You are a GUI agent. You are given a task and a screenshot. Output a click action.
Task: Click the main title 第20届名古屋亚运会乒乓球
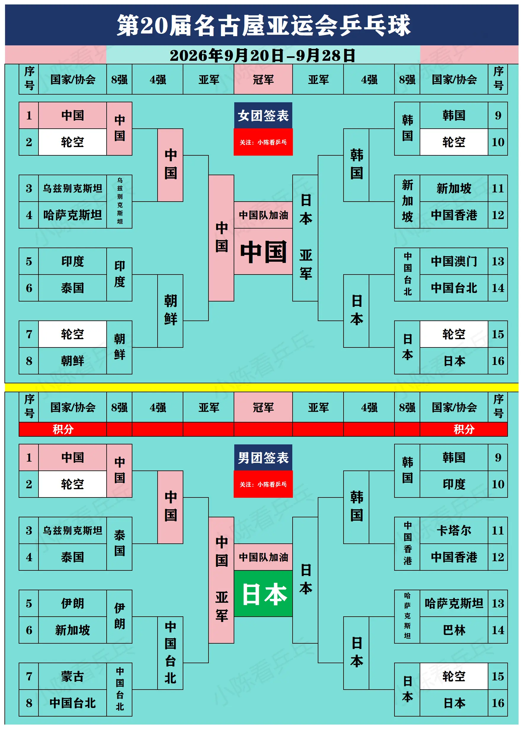pos(263,25)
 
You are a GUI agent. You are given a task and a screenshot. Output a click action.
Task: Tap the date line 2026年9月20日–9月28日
pos(263,55)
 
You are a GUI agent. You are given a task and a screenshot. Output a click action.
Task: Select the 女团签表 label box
pos(263,115)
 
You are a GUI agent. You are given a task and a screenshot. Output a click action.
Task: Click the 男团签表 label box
pos(263,457)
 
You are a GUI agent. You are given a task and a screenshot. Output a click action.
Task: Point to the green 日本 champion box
pos(263,593)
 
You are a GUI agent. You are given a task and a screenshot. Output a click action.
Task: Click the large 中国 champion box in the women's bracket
pos(263,251)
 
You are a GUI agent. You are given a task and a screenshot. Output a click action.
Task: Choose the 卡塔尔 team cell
pos(454,530)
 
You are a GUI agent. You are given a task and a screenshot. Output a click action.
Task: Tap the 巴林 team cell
pos(454,630)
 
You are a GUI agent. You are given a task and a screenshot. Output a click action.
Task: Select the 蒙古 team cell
pos(73,676)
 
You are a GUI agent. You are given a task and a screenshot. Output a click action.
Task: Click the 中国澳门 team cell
pos(454,261)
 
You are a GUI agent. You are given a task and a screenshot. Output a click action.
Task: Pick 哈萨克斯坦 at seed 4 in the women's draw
pos(73,215)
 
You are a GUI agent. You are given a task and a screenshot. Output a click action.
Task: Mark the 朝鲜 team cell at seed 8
pos(73,360)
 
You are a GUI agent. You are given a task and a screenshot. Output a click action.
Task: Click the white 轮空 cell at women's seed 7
pos(73,334)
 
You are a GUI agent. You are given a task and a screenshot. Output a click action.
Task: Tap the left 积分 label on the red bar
pos(63,429)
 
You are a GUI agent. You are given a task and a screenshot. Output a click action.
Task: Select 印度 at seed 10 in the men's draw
pos(454,484)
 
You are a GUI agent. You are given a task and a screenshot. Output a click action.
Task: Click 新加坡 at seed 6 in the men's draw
pos(73,630)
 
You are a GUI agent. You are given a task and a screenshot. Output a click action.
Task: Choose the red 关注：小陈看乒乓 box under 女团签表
pos(263,142)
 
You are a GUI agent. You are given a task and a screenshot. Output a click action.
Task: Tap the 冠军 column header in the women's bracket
pos(263,79)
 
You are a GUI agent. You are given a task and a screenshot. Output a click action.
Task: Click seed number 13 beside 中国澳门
pos(498,261)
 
